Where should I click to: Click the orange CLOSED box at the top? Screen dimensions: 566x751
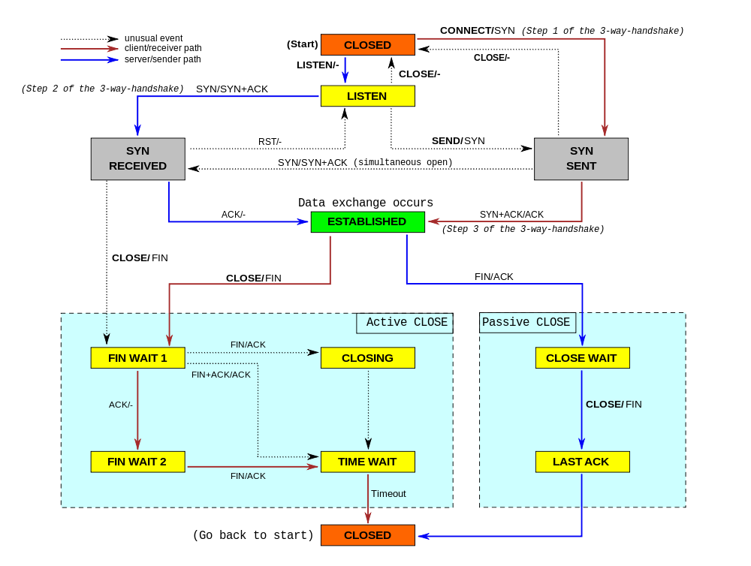[x=367, y=45]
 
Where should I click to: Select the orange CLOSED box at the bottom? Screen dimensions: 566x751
[x=367, y=535]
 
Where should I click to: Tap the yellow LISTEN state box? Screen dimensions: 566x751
[x=367, y=96]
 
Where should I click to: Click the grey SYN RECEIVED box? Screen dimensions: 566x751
[x=137, y=158]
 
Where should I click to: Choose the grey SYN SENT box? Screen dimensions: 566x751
[x=581, y=158]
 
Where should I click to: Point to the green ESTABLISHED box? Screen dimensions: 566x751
[x=367, y=221]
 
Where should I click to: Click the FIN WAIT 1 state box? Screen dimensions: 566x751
[x=137, y=358]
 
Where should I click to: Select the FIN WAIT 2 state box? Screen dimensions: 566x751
[x=137, y=462]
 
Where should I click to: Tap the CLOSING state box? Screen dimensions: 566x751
[x=367, y=358]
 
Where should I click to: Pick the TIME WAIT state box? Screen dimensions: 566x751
[x=367, y=462]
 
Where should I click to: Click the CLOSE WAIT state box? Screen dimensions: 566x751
[x=582, y=358]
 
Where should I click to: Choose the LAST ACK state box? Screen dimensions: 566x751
[x=582, y=462]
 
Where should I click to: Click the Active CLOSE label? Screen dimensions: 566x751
[x=406, y=323]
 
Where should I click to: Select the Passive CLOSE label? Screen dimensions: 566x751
[x=526, y=323]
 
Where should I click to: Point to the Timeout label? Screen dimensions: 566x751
[x=388, y=494]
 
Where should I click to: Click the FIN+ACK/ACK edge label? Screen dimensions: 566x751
[x=221, y=375]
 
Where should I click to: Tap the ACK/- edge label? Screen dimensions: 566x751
[x=121, y=405]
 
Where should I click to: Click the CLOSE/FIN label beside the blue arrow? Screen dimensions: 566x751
[x=614, y=405]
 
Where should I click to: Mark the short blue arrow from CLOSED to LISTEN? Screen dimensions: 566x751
[x=345, y=70]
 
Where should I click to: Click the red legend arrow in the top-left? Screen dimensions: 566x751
[x=89, y=49]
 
